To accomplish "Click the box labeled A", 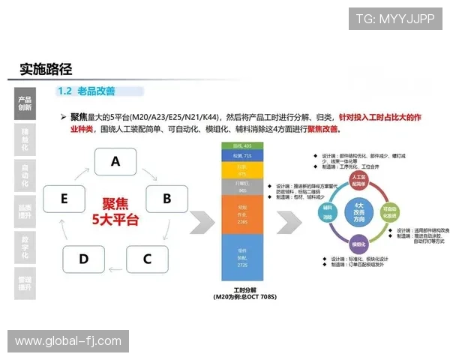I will point(115,161).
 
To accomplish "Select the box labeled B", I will point(166,199).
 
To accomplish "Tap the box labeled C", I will point(147,259).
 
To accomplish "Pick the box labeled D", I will point(83,259).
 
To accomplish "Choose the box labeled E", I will point(64,199).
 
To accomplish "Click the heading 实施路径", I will point(46,69).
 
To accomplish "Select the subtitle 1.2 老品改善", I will point(86,91).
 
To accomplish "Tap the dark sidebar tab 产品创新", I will point(25,103).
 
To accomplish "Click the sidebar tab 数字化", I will point(25,248).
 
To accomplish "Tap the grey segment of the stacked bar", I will point(241,185).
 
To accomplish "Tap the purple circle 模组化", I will point(358,244).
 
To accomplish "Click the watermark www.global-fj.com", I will point(68,341).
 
